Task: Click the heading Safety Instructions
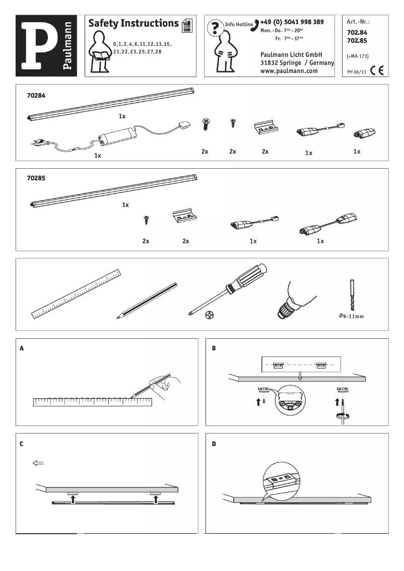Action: coord(133,23)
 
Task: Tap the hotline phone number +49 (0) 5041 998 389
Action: coord(292,22)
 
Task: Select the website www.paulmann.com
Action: coord(289,71)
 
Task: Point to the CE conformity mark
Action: coord(376,70)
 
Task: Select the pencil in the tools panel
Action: coord(146,301)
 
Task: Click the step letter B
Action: coord(214,348)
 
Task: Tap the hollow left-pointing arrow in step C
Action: coord(38,463)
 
